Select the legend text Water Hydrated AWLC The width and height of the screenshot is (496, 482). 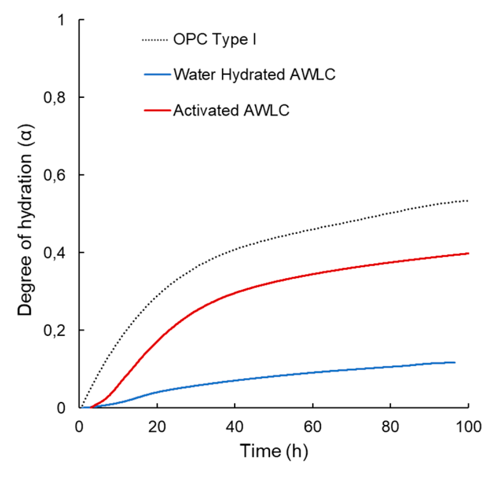[254, 75]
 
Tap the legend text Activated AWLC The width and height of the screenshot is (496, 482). [231, 111]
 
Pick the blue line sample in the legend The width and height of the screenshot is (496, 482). [155, 75]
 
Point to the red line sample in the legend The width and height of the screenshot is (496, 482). [155, 111]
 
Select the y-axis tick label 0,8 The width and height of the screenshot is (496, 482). [60, 97]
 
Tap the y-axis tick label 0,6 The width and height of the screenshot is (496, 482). [60, 175]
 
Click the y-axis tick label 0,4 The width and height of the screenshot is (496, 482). [60, 253]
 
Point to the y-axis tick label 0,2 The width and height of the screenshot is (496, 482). [60, 330]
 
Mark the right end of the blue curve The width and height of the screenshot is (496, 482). [455, 362]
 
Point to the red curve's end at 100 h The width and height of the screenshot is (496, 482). [468, 254]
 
